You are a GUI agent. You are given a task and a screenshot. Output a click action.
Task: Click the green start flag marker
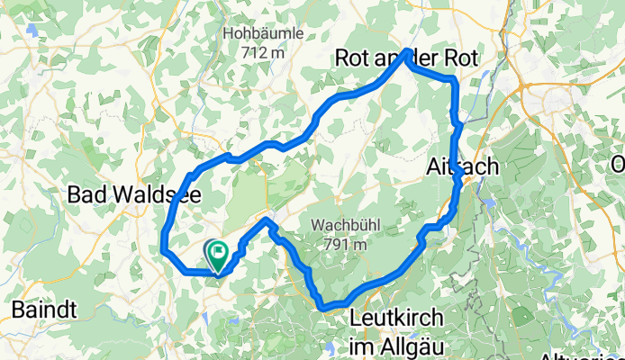[x=217, y=254]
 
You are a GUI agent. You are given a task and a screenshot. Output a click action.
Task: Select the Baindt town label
[x=43, y=310]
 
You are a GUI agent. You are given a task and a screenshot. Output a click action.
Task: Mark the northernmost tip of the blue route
[x=409, y=50]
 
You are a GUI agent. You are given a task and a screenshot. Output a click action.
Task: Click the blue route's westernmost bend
[x=163, y=247]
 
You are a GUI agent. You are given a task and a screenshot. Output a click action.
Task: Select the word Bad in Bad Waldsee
[x=87, y=194]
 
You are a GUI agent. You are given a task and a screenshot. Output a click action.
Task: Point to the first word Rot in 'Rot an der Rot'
[x=351, y=58]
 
